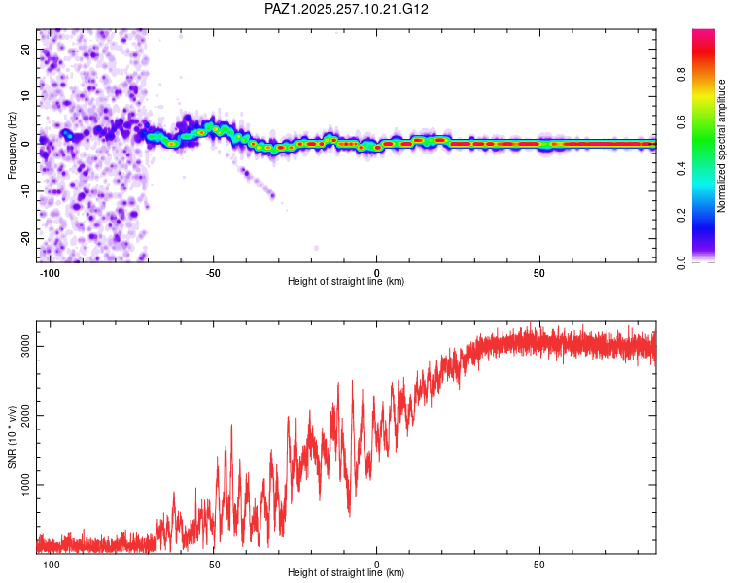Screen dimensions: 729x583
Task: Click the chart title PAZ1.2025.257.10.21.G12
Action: [x=346, y=9]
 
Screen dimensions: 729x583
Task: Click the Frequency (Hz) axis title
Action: [x=12, y=146]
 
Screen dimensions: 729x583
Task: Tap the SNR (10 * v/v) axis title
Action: [x=12, y=437]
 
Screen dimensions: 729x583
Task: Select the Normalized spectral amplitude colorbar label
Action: [x=721, y=146]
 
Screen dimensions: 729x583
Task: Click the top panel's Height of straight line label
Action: [x=346, y=281]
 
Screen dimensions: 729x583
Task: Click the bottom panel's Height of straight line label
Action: [x=346, y=572]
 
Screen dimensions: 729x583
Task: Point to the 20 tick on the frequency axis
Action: [x=26, y=50]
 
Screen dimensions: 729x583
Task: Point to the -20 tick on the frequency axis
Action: [x=26, y=239]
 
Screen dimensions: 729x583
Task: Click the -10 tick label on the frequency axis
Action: [x=26, y=191]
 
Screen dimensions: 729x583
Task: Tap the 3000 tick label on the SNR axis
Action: [x=26, y=346]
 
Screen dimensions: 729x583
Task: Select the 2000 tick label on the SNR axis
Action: [x=26, y=415]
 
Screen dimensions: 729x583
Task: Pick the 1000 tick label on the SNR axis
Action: [x=26, y=485]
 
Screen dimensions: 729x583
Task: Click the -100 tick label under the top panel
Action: [x=50, y=273]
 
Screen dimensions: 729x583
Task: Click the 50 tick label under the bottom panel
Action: [x=539, y=565]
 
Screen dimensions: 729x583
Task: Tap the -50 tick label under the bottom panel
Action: [x=213, y=565]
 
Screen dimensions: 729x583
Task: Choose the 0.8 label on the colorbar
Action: [x=681, y=75]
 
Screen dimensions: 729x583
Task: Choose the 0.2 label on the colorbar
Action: [x=681, y=216]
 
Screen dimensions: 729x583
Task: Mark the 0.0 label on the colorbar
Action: [x=681, y=262]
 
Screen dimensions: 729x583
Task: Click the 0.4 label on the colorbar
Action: [x=681, y=169]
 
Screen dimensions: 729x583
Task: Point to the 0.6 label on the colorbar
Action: [x=681, y=121]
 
